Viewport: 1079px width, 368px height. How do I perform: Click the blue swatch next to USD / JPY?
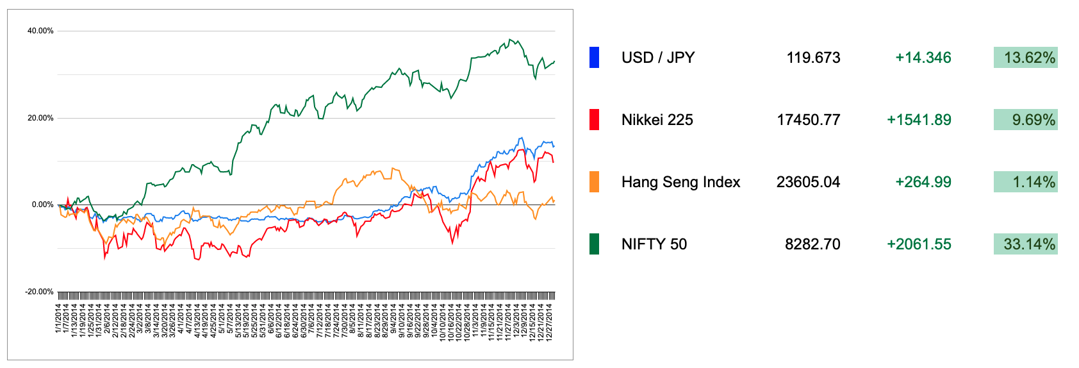tap(594, 58)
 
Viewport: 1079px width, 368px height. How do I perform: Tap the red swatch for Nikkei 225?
tap(594, 120)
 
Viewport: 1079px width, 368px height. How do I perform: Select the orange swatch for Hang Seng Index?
tap(594, 182)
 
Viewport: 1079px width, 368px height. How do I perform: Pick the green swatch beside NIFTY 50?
tap(594, 244)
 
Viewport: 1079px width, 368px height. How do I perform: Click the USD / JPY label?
tap(657, 58)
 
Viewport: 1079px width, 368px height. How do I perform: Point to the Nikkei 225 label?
tap(657, 120)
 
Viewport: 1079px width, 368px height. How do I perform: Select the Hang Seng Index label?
tap(680, 182)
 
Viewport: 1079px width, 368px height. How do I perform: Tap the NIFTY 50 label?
tap(654, 244)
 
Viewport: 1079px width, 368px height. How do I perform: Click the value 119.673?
tap(813, 58)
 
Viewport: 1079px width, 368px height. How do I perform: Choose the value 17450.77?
tap(808, 120)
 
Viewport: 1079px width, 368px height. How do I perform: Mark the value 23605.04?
tap(808, 182)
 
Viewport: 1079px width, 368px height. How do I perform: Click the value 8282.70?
tap(812, 244)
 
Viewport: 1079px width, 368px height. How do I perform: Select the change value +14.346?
tap(923, 58)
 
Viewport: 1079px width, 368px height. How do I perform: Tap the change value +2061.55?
tap(918, 244)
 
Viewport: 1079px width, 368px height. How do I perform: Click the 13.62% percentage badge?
tap(1025, 58)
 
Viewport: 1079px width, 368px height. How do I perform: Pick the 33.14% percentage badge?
tap(1025, 244)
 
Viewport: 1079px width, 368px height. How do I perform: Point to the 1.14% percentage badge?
tap(1025, 182)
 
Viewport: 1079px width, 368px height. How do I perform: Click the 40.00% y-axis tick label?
tap(40, 31)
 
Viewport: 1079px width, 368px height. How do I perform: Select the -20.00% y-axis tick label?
tap(39, 292)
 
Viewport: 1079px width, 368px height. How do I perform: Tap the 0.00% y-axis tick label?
tap(42, 205)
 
